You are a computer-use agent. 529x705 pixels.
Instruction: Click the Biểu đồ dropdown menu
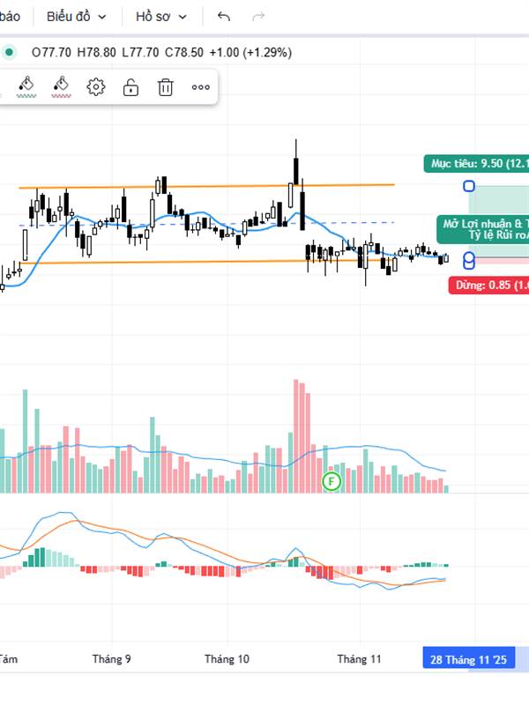77,16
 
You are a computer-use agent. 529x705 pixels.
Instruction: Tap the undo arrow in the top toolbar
224,16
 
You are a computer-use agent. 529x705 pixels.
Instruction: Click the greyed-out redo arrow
258,16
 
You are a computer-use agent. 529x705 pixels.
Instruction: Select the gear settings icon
96,86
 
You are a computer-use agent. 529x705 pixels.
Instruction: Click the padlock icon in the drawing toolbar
130,86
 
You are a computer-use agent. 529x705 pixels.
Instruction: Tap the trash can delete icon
165,86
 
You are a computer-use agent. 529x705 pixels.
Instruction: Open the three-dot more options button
200,86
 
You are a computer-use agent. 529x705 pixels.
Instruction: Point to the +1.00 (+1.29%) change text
250,52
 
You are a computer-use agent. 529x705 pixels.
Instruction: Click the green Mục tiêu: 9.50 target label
476,163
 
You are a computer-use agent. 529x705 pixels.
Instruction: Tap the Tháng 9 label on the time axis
112,658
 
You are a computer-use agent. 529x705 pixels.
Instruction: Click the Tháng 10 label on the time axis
227,658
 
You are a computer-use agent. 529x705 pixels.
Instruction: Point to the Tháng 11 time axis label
359,658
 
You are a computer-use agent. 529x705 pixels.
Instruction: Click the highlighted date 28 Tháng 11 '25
468,659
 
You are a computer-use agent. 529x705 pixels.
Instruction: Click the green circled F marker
332,480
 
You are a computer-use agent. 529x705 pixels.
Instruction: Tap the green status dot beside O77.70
9,52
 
